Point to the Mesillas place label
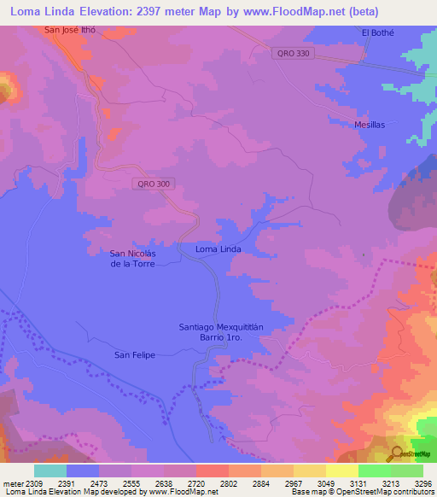[370, 125]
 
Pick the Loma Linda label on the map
[218, 249]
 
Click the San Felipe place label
[135, 354]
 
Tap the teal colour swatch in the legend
[50, 471]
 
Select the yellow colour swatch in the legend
[341, 471]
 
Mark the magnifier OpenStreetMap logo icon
[399, 453]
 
